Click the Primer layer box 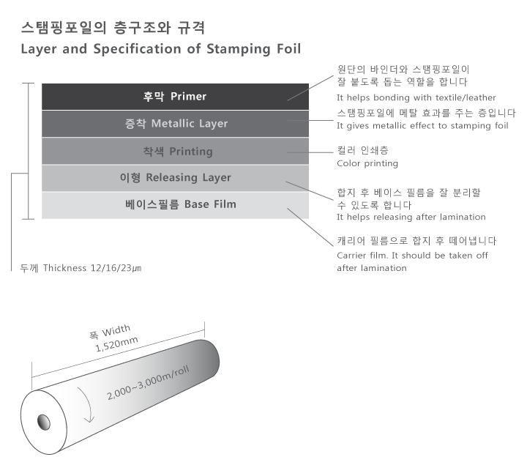[175, 97]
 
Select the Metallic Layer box [175, 124]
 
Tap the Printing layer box [175, 152]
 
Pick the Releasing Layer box [175, 178]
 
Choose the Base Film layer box [175, 204]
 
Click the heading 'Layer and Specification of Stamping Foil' [160, 50]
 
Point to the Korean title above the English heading [113, 29]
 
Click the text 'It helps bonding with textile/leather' [416, 97]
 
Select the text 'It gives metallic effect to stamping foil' [422, 126]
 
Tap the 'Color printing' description [367, 163]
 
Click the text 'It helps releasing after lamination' [411, 217]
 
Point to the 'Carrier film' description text [412, 261]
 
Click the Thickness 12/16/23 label [81, 268]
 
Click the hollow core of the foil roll [42, 423]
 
